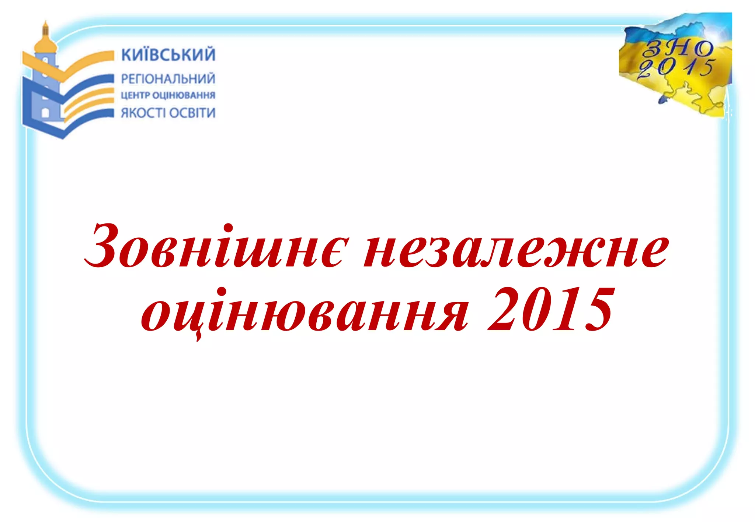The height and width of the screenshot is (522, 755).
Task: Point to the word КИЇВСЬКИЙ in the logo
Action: pyautogui.click(x=168, y=55)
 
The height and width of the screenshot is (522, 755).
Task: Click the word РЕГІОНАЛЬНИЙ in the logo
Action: pyautogui.click(x=168, y=78)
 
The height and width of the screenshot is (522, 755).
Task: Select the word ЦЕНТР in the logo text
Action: pyautogui.click(x=135, y=95)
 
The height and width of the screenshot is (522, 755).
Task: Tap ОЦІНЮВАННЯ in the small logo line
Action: pyautogui.click(x=184, y=95)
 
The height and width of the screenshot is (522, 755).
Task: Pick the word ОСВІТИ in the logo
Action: pyautogui.click(x=192, y=113)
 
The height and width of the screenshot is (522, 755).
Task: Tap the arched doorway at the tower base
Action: pyautogui.click(x=45, y=112)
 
